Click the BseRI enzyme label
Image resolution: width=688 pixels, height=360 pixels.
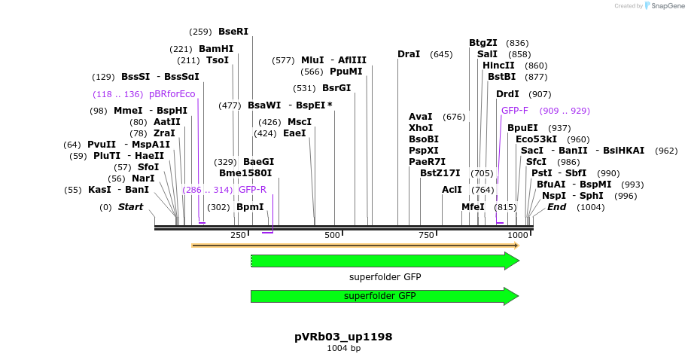click(x=233, y=32)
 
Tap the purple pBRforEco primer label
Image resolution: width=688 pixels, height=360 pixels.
click(x=172, y=94)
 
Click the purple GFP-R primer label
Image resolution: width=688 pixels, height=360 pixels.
click(x=253, y=190)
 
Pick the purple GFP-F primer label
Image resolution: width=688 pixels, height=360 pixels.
click(x=515, y=110)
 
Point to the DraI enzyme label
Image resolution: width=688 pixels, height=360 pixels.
click(x=409, y=54)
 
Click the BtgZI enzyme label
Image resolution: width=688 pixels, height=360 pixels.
click(x=483, y=43)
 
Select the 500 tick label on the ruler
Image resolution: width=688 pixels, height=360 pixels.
click(x=332, y=236)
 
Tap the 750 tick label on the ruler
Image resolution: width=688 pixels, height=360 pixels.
click(x=426, y=236)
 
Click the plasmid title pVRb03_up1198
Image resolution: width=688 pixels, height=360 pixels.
click(x=343, y=336)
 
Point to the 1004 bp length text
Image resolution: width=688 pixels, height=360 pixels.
click(x=343, y=349)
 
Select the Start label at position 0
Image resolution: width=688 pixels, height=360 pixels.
click(x=130, y=207)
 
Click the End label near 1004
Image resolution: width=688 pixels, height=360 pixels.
click(x=556, y=207)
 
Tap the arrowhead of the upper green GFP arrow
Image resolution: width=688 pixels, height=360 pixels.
click(x=512, y=261)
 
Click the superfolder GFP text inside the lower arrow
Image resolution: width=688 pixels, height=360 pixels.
click(x=380, y=297)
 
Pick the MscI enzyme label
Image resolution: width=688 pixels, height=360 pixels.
click(x=300, y=122)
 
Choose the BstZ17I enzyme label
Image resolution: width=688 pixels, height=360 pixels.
click(x=440, y=173)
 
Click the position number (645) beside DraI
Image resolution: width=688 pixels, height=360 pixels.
click(x=441, y=54)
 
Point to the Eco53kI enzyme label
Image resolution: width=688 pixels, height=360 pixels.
click(x=537, y=139)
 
